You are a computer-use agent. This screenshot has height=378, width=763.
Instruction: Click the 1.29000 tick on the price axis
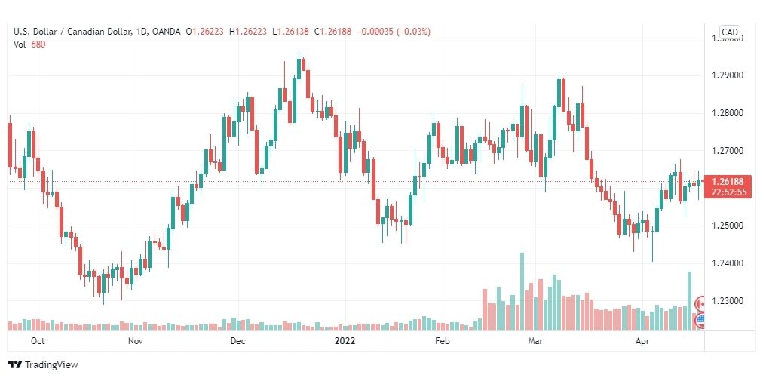click(728, 75)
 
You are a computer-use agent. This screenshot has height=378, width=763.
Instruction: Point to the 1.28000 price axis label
click(728, 113)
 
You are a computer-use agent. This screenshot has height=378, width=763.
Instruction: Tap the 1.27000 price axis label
click(728, 151)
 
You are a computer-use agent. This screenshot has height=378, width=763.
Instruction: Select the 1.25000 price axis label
click(728, 226)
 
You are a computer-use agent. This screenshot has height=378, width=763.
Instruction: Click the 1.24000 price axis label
click(728, 263)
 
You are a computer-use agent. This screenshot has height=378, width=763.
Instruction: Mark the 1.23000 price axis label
click(728, 301)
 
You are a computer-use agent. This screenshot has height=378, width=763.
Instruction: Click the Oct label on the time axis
click(37, 341)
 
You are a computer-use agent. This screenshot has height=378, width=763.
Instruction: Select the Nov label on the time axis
click(136, 341)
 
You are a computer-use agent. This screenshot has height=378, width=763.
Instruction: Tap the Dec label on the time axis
click(237, 341)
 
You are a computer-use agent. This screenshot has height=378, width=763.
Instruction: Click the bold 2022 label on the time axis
click(345, 341)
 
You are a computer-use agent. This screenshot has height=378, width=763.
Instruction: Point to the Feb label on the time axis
click(443, 341)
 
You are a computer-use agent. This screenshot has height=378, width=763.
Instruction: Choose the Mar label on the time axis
click(536, 341)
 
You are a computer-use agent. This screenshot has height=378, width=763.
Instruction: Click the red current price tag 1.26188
click(728, 181)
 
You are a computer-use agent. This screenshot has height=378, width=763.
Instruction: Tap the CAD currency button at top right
click(730, 32)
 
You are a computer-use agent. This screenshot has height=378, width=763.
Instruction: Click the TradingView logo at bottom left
click(46, 364)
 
